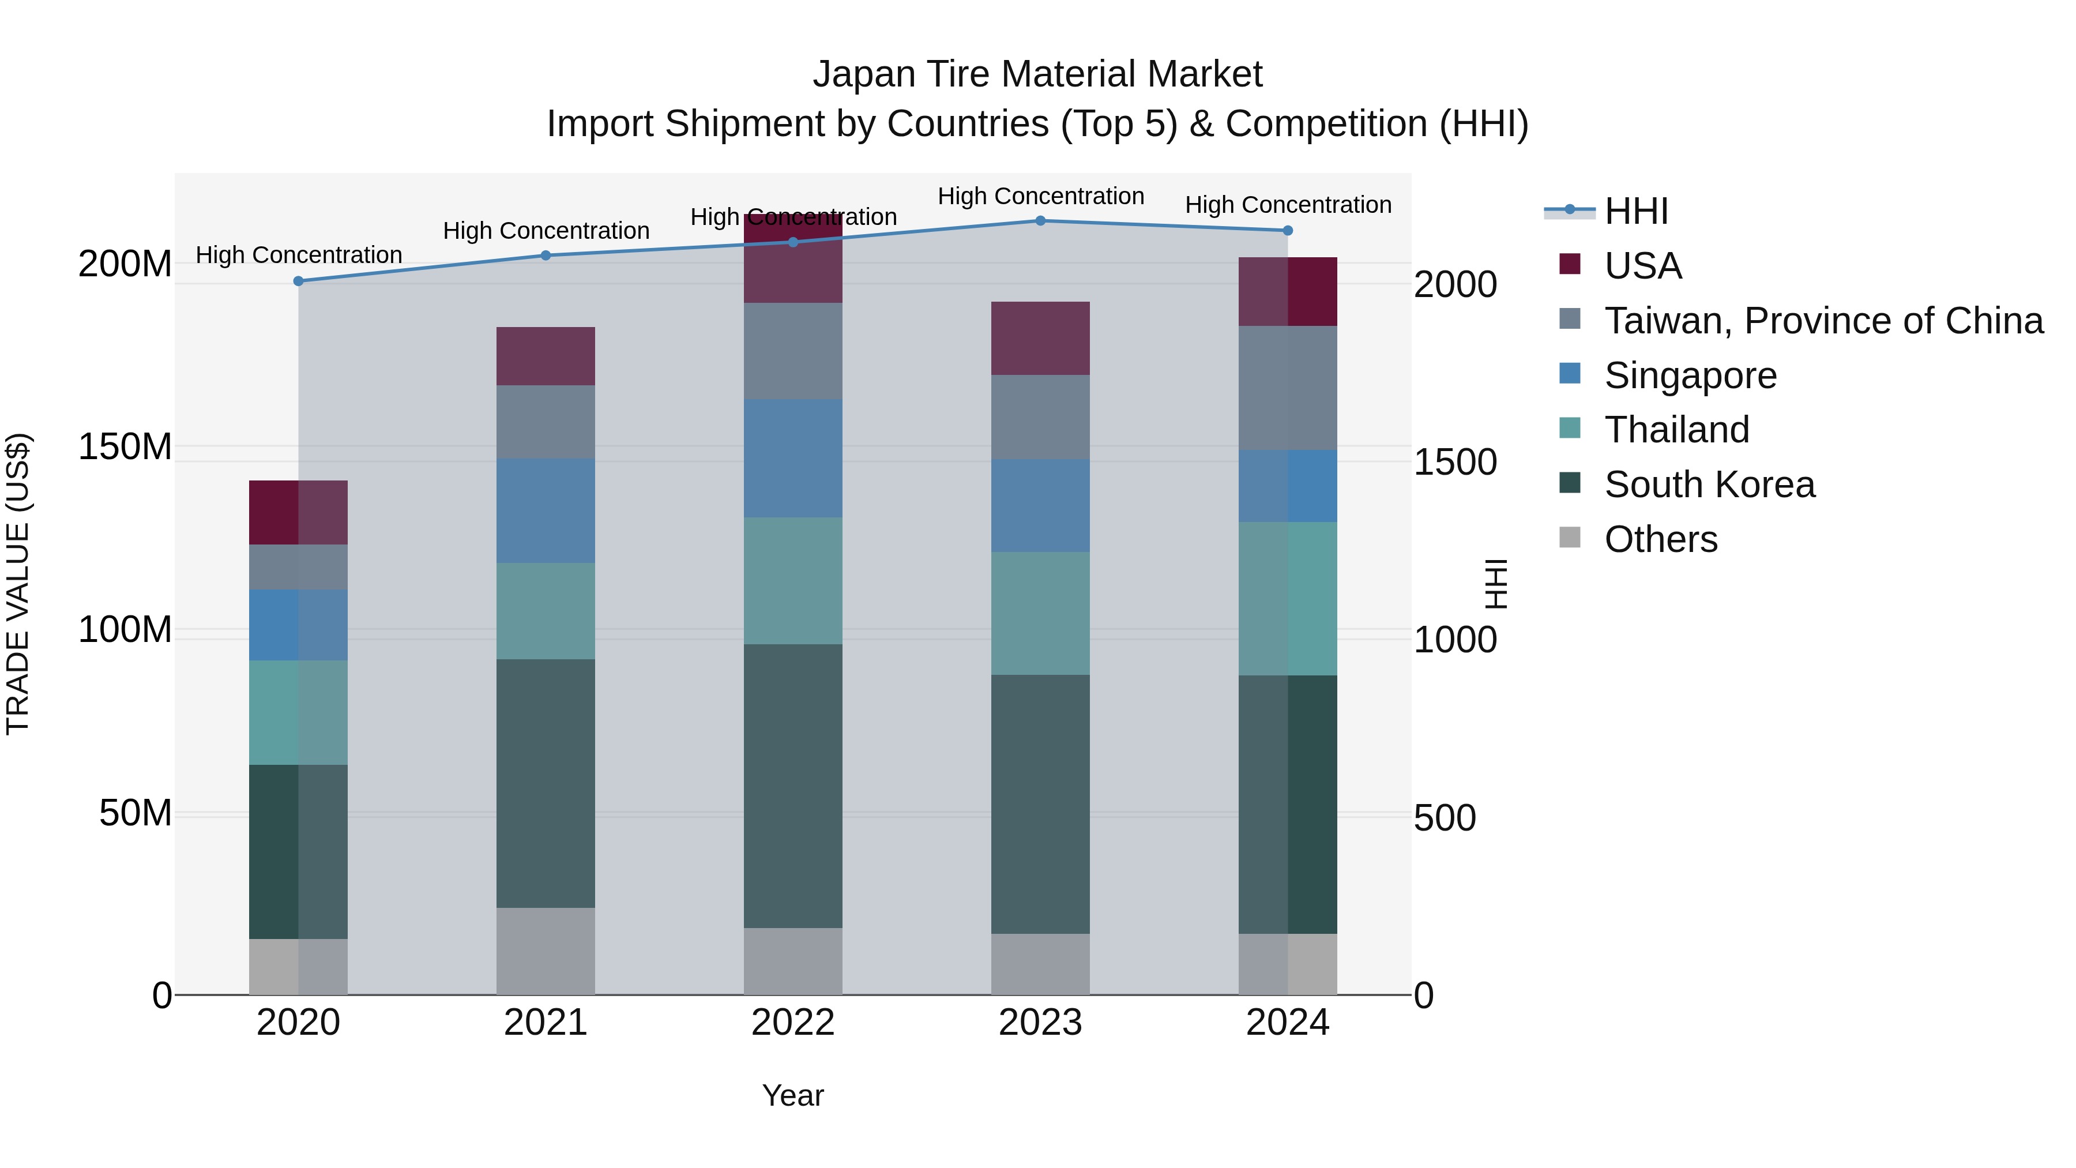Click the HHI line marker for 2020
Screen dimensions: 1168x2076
coord(298,281)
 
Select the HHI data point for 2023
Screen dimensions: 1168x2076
coord(1040,221)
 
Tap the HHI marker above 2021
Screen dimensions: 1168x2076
coord(546,256)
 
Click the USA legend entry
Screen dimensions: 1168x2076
coord(1642,266)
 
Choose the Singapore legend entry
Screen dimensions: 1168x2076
coord(1690,375)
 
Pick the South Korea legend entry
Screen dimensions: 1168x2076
coord(1709,485)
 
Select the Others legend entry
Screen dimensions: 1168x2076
coord(1660,539)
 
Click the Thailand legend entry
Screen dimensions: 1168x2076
coord(1676,430)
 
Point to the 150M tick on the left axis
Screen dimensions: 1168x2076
coord(125,446)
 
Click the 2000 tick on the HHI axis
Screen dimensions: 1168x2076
coord(1456,284)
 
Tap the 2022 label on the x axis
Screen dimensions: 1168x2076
coord(793,1023)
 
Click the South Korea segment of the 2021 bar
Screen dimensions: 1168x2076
coord(546,783)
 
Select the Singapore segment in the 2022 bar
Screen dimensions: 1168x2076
coord(793,458)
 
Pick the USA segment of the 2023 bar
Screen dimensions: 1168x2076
coord(1040,339)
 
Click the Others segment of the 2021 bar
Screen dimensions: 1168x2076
coord(546,951)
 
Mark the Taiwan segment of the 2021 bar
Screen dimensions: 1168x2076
coord(546,422)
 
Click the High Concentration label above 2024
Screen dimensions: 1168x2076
coord(1288,205)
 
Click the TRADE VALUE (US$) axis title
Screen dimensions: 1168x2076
coord(18,584)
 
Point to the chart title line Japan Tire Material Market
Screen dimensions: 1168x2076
coord(1037,74)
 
